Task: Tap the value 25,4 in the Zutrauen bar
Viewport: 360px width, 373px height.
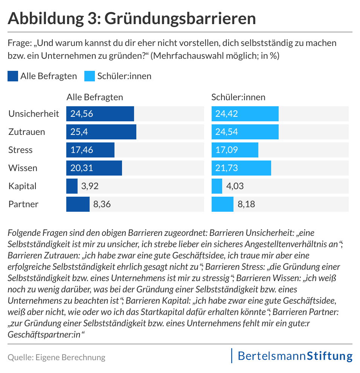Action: (78, 132)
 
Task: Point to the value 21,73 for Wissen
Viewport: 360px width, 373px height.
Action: (227, 168)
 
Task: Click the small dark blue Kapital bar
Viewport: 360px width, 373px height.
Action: (72, 186)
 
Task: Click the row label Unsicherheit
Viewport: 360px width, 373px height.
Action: (34, 114)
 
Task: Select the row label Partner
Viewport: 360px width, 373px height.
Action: (23, 204)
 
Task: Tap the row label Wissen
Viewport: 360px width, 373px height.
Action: (23, 168)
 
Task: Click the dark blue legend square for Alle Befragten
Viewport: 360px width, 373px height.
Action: (12, 76)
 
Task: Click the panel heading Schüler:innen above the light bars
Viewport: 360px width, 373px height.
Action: (238, 97)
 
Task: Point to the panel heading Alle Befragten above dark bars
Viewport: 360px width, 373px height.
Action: (95, 97)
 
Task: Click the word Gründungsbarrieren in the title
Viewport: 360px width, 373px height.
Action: (180, 18)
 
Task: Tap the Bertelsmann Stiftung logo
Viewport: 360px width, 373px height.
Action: (292, 356)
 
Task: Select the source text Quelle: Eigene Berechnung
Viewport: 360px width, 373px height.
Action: (56, 357)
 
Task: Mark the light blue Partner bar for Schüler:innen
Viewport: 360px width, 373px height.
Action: (223, 204)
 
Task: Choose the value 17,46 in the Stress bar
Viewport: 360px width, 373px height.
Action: (82, 150)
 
